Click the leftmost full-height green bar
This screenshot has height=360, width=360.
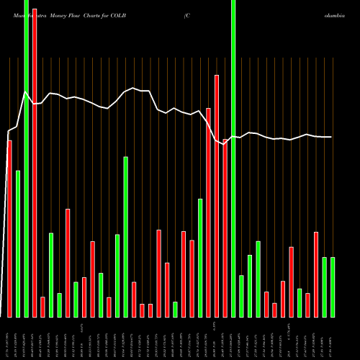[x=26, y=158]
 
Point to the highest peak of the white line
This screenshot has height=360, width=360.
[x=26, y=91]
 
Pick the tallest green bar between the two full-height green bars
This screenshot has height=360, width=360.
[x=125, y=237]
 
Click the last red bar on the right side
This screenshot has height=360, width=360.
[x=316, y=274]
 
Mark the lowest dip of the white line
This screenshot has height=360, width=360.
[x=225, y=144]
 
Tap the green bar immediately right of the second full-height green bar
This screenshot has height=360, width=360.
[x=241, y=296]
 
